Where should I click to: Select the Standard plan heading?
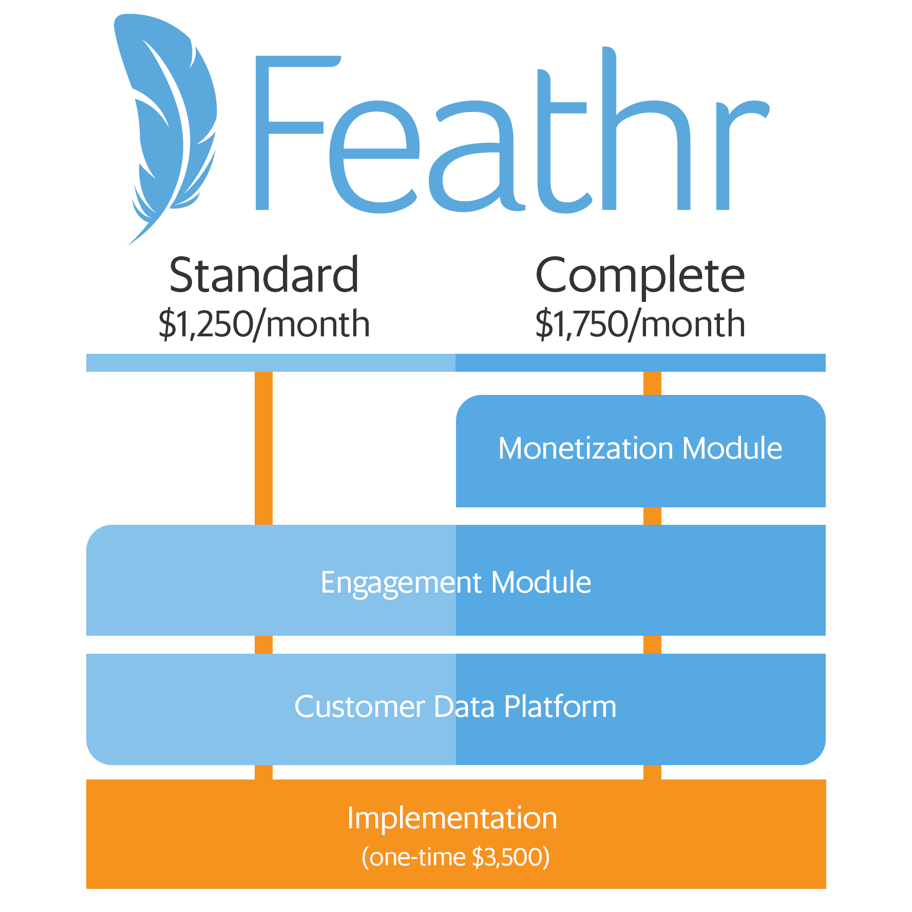coord(263,275)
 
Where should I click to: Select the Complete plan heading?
coord(640,276)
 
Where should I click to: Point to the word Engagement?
coord(401,583)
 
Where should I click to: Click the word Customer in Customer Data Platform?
coord(359,707)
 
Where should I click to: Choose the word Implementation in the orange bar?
coord(452,818)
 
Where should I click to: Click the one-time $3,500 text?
coord(455,857)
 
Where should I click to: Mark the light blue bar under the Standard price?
coord(271,363)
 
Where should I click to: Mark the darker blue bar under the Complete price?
coord(640,363)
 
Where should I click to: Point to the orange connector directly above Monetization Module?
coord(652,383)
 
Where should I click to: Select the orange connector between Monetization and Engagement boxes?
coord(652,516)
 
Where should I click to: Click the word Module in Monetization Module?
coord(732,448)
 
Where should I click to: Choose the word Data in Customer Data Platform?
coord(464,707)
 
